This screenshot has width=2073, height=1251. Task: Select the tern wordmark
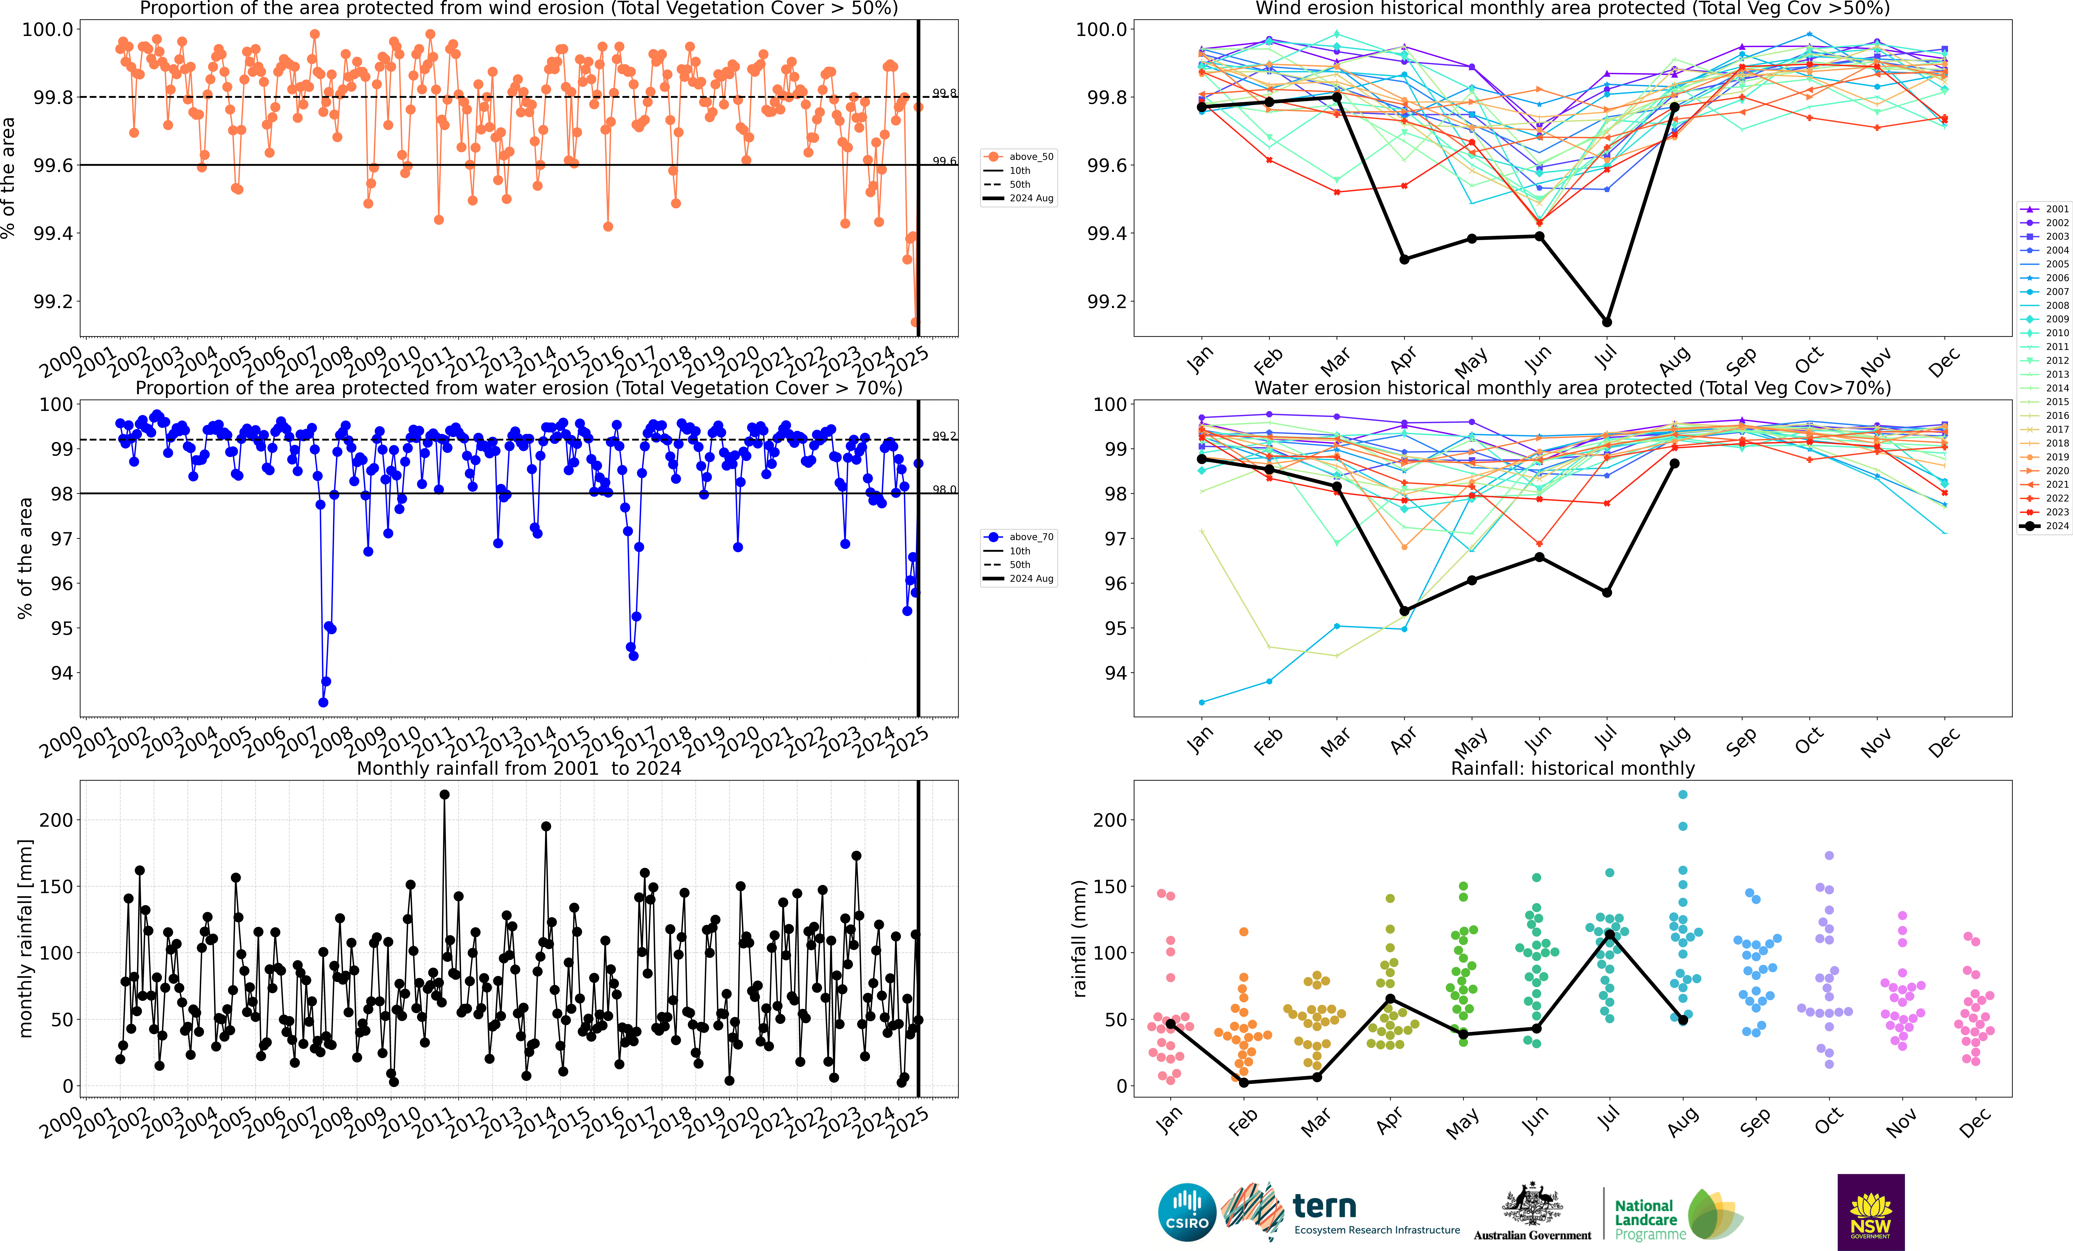[1324, 1206]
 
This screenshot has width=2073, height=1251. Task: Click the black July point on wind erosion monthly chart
[1607, 322]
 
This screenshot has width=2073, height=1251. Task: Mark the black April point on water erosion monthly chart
[1404, 611]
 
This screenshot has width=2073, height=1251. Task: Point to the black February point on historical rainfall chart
[1243, 1083]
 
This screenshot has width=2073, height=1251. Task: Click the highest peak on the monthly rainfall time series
[444, 794]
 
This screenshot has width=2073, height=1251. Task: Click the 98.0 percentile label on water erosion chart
[944, 490]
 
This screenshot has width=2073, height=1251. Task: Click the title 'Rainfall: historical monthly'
[1572, 768]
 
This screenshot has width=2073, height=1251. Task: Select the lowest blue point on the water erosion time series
[323, 703]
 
